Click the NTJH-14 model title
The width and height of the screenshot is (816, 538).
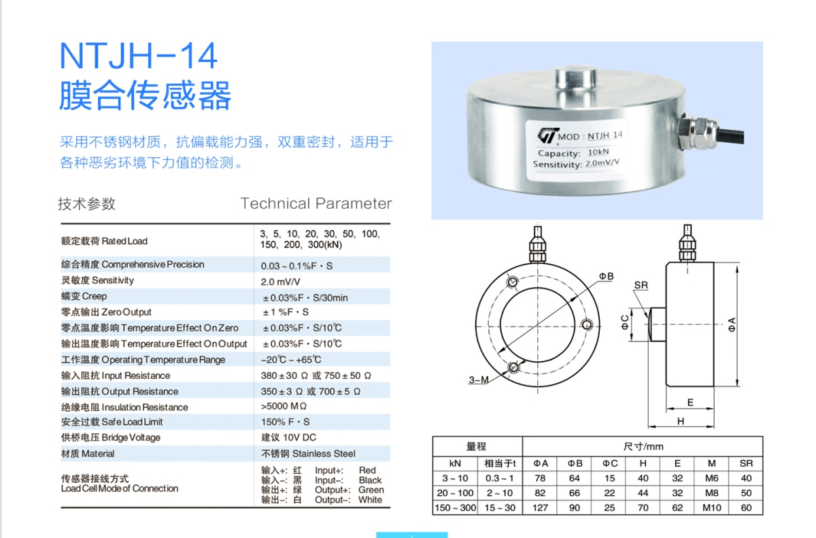click(139, 56)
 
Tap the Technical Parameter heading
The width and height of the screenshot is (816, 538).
click(316, 203)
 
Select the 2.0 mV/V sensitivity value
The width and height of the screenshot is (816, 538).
click(280, 282)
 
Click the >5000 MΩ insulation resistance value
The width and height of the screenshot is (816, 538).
click(284, 406)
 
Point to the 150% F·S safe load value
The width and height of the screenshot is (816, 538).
click(285, 422)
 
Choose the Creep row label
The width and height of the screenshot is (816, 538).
click(84, 296)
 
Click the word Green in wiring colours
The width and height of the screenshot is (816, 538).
click(371, 490)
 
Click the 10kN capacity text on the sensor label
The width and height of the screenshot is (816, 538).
click(598, 152)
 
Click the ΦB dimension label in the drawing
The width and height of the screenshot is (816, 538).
click(606, 276)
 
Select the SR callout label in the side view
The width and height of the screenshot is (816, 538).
click(641, 285)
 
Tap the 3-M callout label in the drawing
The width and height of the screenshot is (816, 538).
click(478, 380)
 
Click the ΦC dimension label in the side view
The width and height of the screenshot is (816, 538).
click(625, 322)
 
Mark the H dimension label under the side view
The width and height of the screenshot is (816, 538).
click(681, 421)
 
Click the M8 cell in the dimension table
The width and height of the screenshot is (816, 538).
click(711, 493)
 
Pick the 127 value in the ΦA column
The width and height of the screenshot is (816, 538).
click(540, 508)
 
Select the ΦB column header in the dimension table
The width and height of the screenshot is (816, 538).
click(575, 463)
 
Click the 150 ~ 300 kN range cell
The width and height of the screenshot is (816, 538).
click(455, 508)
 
